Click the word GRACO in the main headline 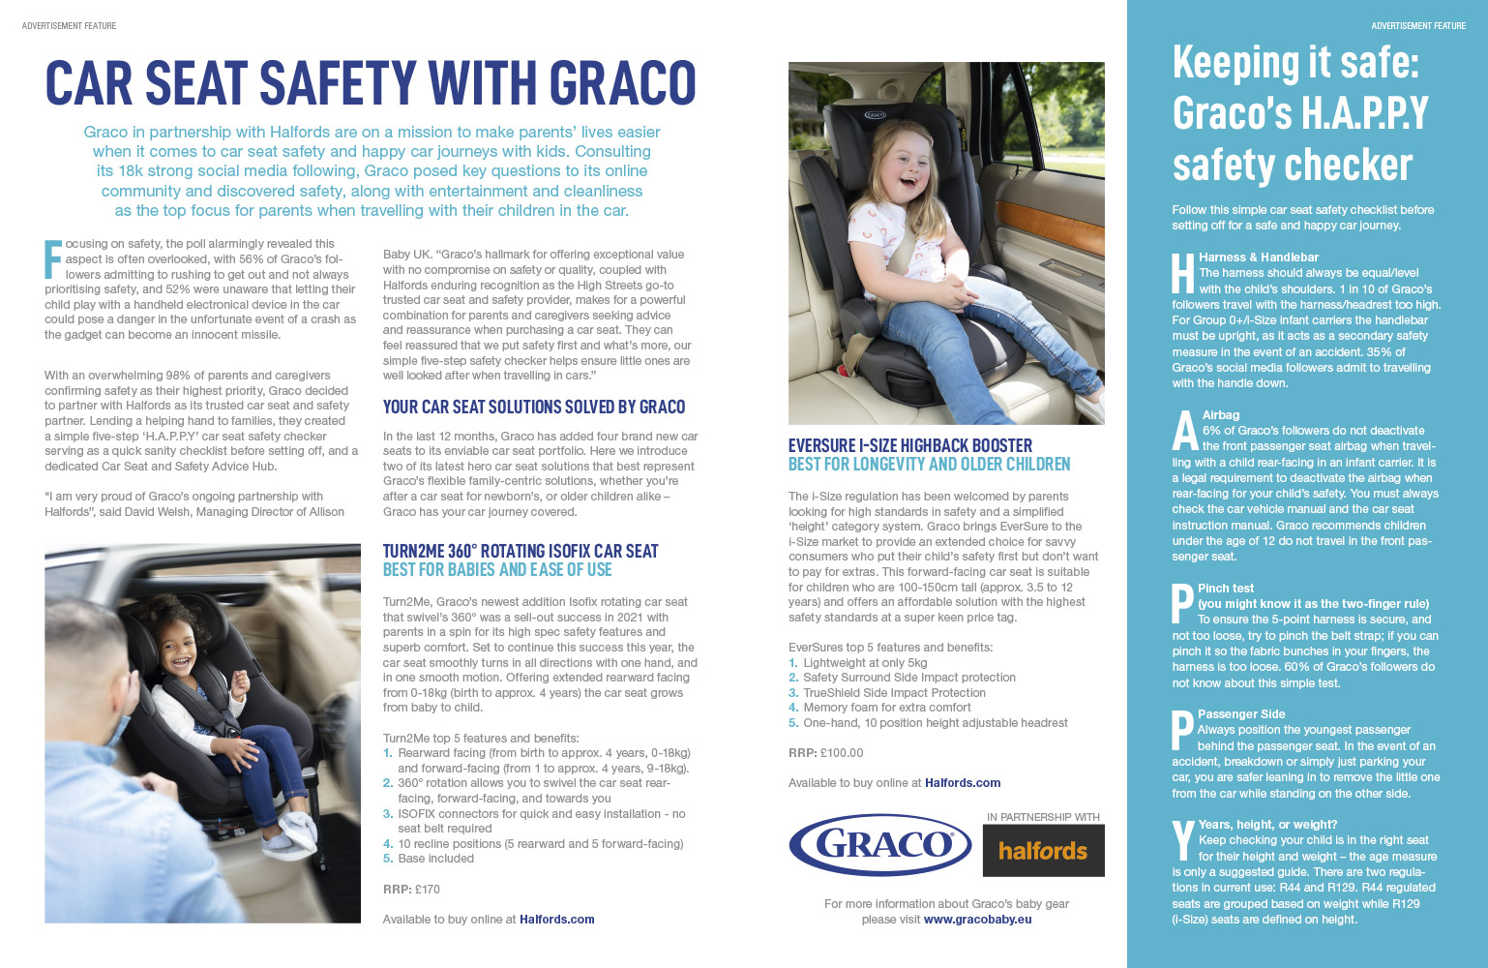(x=623, y=83)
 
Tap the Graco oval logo (x=880, y=845)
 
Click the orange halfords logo (x=1043, y=851)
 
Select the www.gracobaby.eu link (x=977, y=920)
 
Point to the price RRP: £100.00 (x=825, y=752)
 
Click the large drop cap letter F (x=53, y=258)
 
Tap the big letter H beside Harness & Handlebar (x=1182, y=273)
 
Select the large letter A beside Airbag (x=1185, y=431)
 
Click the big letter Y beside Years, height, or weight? (x=1183, y=840)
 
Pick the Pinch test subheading (x=1225, y=589)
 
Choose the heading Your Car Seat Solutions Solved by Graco (x=534, y=408)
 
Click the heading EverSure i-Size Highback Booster (x=910, y=445)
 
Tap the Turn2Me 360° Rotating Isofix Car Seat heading (x=521, y=551)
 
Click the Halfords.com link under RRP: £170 (x=556, y=920)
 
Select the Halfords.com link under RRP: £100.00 (x=962, y=783)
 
